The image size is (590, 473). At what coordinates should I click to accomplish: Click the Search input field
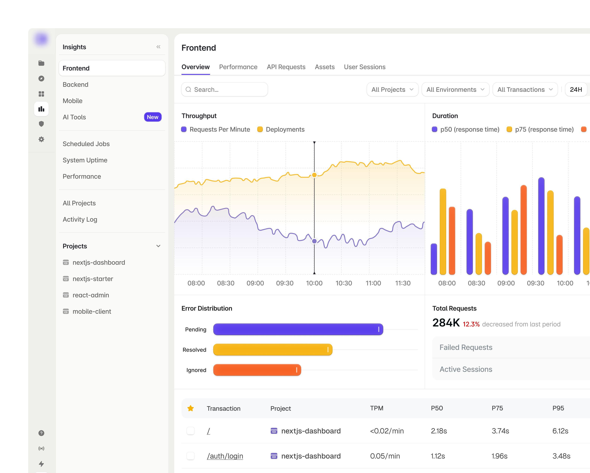(224, 89)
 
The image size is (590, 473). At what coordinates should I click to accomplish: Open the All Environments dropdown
(455, 89)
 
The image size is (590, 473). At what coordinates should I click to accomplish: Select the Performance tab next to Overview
(238, 67)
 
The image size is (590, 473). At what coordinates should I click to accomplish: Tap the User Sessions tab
(365, 67)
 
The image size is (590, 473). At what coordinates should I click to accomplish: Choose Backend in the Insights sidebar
(76, 85)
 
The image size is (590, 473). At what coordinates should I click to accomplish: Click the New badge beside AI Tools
(153, 117)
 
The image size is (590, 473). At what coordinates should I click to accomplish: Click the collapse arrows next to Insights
(158, 47)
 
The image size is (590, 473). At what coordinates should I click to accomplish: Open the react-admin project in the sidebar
(91, 295)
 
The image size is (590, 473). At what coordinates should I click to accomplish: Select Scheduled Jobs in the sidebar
(86, 144)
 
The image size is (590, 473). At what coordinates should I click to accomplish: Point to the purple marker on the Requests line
(314, 241)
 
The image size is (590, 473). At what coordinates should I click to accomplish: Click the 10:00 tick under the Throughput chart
(314, 283)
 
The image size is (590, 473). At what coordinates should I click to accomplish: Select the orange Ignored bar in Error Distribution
(257, 370)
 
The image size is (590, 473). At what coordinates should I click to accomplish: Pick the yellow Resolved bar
(273, 350)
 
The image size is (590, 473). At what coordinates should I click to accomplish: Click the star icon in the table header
(191, 408)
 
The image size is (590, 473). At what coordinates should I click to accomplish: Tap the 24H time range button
(576, 89)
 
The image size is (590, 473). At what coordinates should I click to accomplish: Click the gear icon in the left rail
(41, 139)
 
